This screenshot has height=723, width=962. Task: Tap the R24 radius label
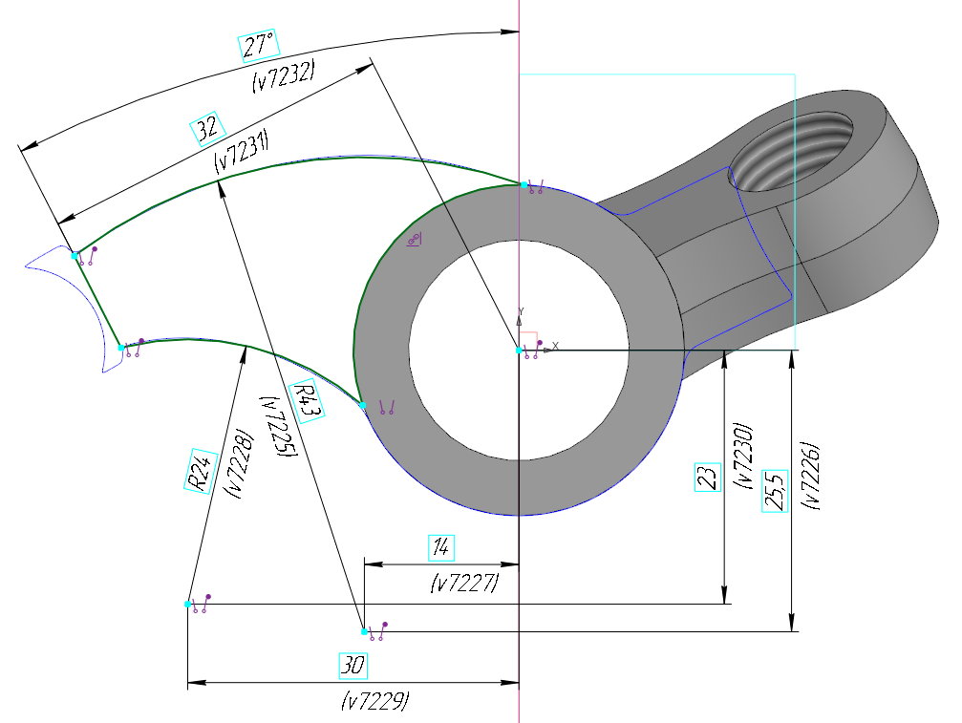(198, 470)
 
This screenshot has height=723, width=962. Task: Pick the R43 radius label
(307, 400)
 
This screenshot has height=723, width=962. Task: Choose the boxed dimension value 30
(353, 666)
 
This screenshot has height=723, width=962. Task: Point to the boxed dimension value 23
(708, 476)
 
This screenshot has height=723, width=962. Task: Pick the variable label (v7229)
(375, 701)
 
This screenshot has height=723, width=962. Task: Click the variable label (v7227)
(465, 582)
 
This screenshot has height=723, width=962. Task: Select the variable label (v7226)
(813, 475)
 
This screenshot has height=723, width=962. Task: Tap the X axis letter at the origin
(555, 345)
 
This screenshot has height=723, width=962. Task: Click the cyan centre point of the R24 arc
(188, 605)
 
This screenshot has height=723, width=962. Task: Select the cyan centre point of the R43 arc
(364, 631)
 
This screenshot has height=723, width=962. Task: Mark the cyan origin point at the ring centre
(519, 351)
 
